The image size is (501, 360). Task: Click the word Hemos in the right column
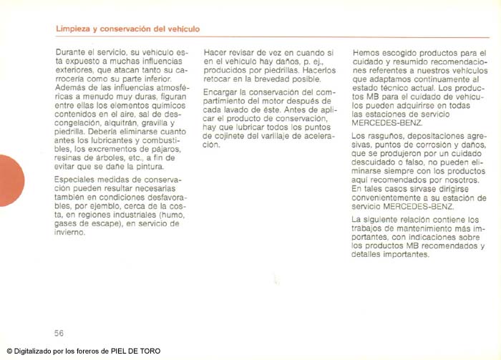pyautogui.click(x=366, y=53)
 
